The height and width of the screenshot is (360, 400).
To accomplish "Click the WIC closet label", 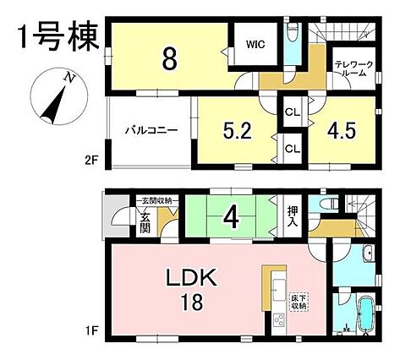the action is coord(255,45).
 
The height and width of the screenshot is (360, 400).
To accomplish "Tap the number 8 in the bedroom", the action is coord(169,59).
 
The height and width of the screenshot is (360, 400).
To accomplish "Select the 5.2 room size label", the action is coord(237,130).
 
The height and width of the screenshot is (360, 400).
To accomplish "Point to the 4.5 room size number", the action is coord(342,130).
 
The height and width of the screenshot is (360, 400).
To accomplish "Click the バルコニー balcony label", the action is coord(151,131).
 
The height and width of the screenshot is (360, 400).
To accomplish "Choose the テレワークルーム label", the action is coord(353,68).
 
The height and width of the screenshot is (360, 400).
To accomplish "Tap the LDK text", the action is coord(192,277).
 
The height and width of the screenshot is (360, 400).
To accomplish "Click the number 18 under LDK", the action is coord(192,302).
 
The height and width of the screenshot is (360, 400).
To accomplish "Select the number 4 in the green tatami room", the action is coord(232,218).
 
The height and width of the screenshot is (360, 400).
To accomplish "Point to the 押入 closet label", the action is coord(292,216).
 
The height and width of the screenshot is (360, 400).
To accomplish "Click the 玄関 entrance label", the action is coord(145,223).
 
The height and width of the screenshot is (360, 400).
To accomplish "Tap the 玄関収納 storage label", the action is coord(157,200).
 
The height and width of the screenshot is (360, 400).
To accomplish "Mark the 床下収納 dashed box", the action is coord(299,302).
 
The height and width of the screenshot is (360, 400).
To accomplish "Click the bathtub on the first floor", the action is coord(366,314).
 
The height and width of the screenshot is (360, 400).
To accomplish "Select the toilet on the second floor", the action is coord(292,30).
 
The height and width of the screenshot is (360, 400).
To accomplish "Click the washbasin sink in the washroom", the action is coord(369,254).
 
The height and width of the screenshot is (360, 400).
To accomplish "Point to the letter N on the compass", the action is coord(68,78).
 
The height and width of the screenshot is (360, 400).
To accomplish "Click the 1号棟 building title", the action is coord(58,37).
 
